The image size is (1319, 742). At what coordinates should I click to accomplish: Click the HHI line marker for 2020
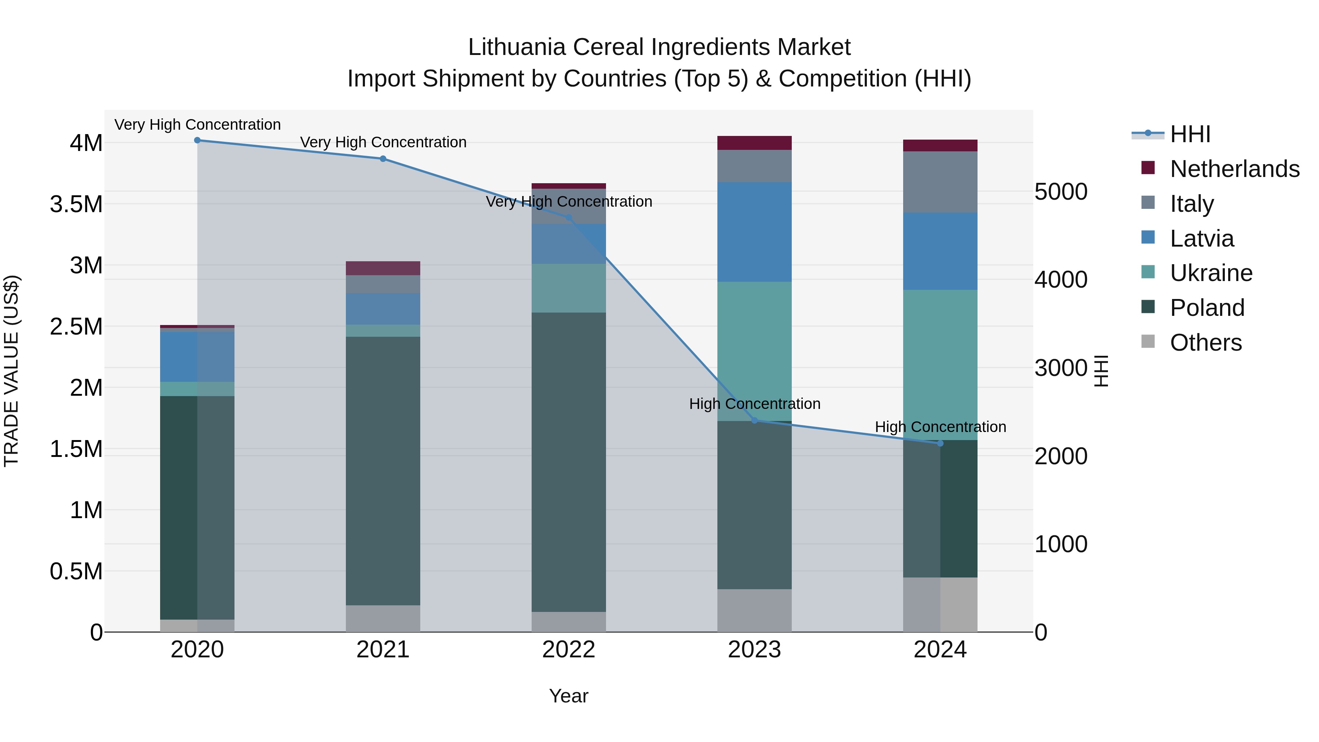tap(197, 140)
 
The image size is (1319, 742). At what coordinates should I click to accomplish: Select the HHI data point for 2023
tap(754, 420)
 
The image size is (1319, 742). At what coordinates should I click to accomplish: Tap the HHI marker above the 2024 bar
tap(940, 443)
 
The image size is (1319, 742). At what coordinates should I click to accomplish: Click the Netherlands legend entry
tap(1234, 169)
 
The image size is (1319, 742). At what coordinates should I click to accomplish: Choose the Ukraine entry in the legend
tap(1211, 273)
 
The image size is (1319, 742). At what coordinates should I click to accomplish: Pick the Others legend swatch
tap(1149, 342)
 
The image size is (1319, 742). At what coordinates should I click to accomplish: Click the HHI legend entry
tap(1190, 134)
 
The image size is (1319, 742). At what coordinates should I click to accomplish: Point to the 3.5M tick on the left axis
tap(76, 204)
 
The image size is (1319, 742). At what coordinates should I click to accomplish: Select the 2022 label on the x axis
tap(568, 650)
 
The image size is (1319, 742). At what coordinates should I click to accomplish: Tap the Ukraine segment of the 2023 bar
tap(754, 351)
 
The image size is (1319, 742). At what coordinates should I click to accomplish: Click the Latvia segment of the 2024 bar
tap(940, 251)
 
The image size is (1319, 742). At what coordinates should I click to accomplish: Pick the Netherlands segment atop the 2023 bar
tap(754, 143)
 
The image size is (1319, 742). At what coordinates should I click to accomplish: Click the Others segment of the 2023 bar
tap(754, 610)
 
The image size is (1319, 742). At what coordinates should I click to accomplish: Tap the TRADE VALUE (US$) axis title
tap(12, 371)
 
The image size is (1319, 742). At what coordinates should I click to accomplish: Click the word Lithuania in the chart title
tap(517, 48)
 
